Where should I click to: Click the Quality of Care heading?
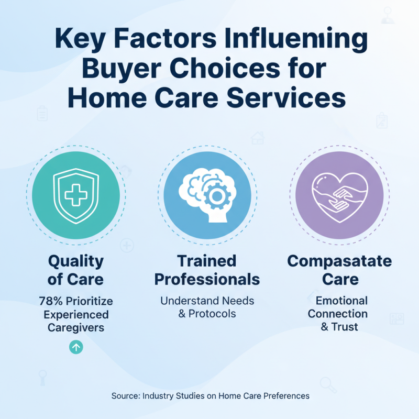click(76, 270)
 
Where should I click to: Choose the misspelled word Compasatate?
click(340, 261)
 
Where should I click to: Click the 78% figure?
click(51, 302)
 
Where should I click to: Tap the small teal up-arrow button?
click(76, 347)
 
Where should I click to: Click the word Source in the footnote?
click(125, 396)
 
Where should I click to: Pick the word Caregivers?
click(76, 328)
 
